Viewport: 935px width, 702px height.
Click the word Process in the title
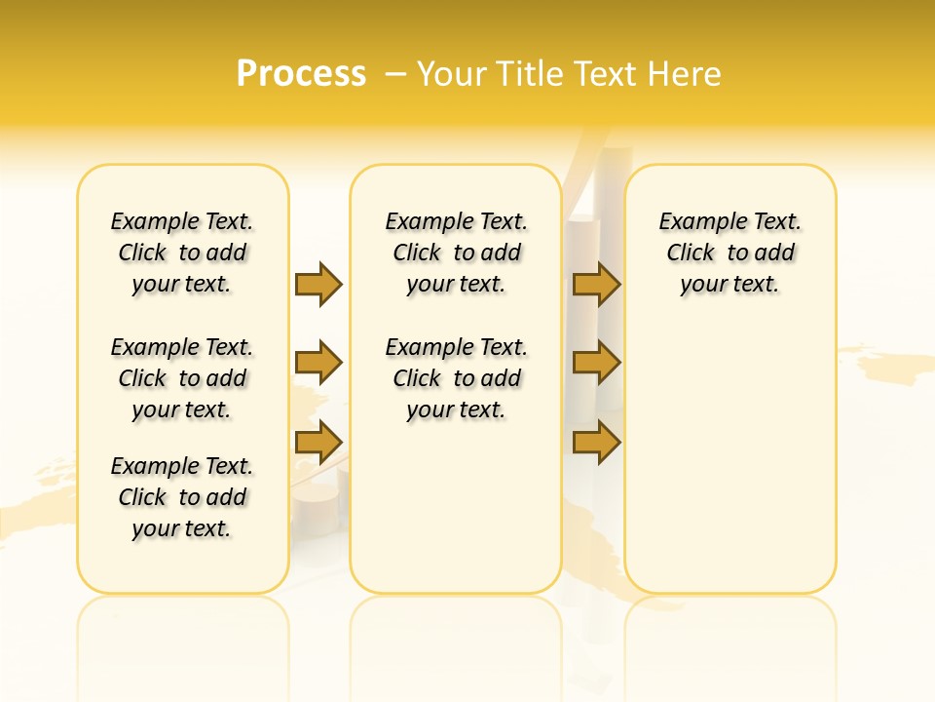coord(301,73)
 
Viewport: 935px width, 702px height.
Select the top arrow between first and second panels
coord(318,284)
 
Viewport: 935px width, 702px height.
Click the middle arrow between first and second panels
coord(318,363)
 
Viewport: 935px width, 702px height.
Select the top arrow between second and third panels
coord(597,284)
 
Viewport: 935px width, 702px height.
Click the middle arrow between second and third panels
coord(597,363)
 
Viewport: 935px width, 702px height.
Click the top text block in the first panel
coord(182,253)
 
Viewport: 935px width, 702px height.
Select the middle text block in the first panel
coord(182,378)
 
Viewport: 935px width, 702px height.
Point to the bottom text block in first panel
coord(182,497)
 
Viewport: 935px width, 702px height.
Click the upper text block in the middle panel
coord(456,253)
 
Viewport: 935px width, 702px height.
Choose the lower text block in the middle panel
coord(456,378)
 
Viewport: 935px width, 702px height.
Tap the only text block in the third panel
coord(730,253)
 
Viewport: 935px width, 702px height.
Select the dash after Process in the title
coord(396,74)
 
